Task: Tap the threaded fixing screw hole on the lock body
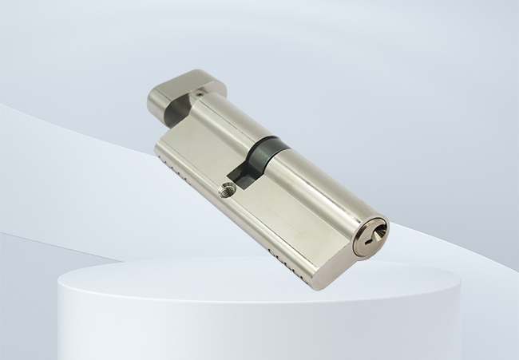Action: (228, 190)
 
